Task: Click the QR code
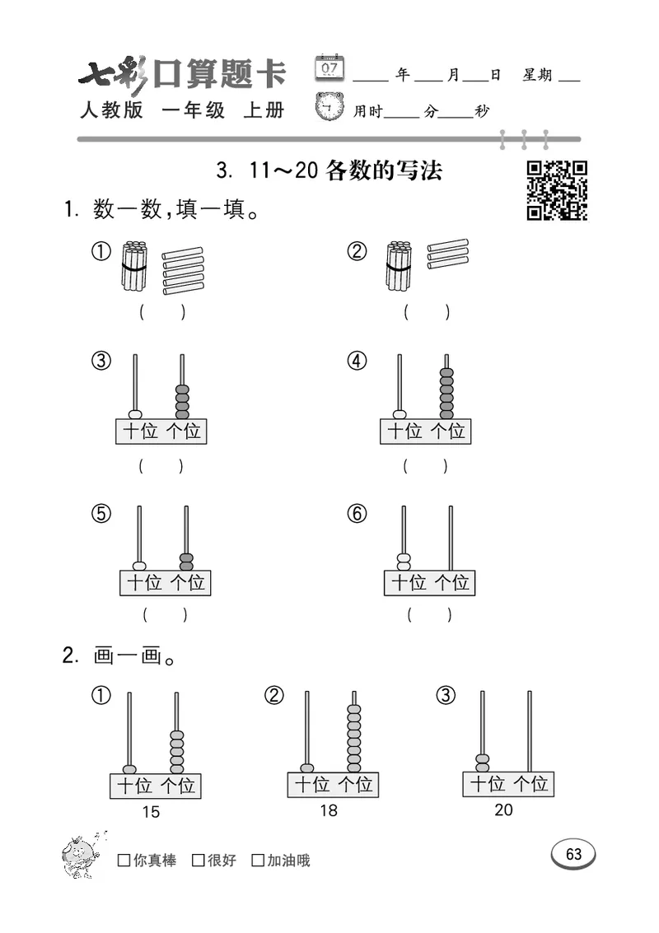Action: pyautogui.click(x=557, y=190)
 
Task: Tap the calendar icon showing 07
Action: pyautogui.click(x=329, y=68)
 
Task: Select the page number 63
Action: pyautogui.click(x=573, y=854)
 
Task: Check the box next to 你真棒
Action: pyautogui.click(x=124, y=861)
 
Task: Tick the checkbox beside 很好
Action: pyautogui.click(x=198, y=861)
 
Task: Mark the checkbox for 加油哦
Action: pyautogui.click(x=258, y=861)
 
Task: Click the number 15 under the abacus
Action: pyautogui.click(x=151, y=812)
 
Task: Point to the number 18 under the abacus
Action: pyautogui.click(x=329, y=810)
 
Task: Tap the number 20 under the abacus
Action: pyautogui.click(x=503, y=809)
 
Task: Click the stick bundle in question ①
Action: pyautogui.click(x=134, y=266)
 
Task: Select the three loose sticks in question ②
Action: pyautogui.click(x=448, y=254)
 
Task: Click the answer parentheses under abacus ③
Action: pyautogui.click(x=161, y=466)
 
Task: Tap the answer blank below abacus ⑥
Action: pyautogui.click(x=428, y=614)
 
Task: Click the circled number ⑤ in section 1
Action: pyautogui.click(x=100, y=513)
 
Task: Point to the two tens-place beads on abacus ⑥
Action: pyautogui.click(x=403, y=562)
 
